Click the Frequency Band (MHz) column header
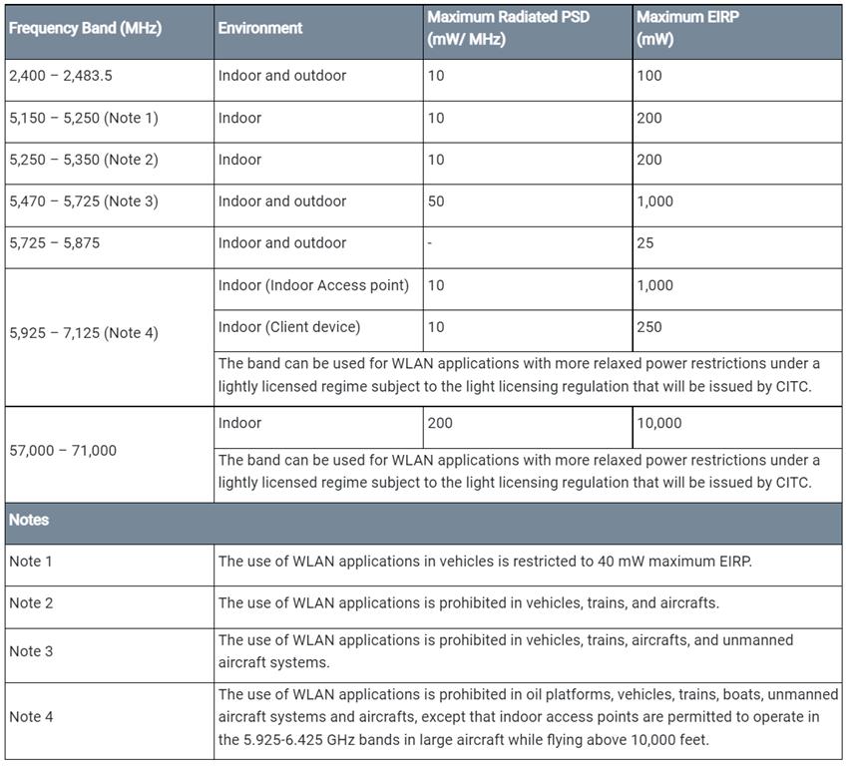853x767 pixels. click(85, 29)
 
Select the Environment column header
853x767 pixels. click(260, 29)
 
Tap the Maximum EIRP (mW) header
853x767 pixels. click(687, 29)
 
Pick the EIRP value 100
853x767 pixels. click(649, 76)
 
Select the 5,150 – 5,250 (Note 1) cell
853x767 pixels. click(84, 118)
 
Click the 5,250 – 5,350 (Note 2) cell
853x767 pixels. click(84, 160)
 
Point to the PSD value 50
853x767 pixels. click(436, 201)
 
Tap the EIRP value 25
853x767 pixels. click(645, 243)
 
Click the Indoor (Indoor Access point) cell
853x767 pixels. click(313, 285)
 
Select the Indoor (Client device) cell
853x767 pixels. click(289, 327)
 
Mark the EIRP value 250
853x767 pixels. click(649, 327)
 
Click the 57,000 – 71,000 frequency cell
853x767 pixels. click(63, 451)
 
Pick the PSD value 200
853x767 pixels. click(440, 423)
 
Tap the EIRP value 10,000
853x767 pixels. click(659, 423)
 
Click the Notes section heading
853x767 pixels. click(29, 521)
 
